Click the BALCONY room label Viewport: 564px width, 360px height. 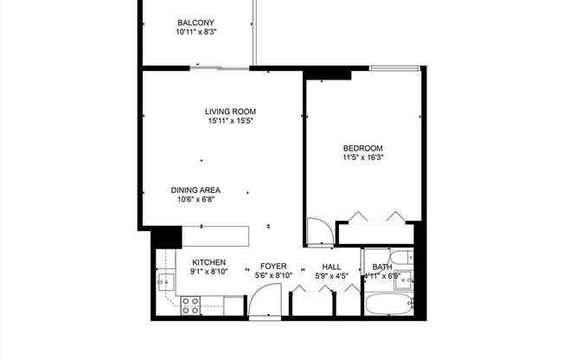[x=195, y=22]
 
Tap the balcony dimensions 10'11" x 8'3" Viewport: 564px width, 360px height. [x=195, y=32]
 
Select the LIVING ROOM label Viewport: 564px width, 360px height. [x=230, y=112]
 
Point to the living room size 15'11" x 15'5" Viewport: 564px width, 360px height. [x=230, y=121]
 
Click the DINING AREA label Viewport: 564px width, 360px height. [x=195, y=190]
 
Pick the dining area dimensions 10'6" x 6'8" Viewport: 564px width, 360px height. [x=195, y=200]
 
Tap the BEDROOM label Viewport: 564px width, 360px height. [x=362, y=148]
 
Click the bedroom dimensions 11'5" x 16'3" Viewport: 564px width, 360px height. [x=362, y=157]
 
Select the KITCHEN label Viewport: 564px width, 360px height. [x=208, y=262]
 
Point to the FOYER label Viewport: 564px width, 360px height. [x=273, y=267]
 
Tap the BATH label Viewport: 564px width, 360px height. [x=381, y=267]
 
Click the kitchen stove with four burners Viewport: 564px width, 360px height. [x=190, y=304]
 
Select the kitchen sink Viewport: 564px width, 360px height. [x=165, y=281]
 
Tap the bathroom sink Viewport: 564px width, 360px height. [x=404, y=280]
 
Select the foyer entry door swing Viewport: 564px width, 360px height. [x=260, y=303]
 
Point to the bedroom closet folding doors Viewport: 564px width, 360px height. [x=374, y=216]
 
